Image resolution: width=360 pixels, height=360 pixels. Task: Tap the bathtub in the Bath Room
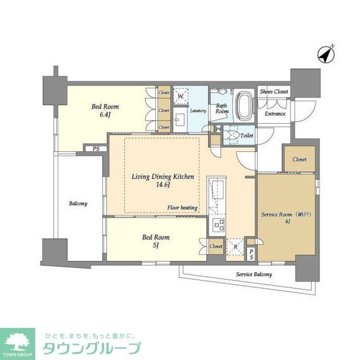coord(244,107)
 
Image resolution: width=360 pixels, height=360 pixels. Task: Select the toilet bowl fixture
coord(234,135)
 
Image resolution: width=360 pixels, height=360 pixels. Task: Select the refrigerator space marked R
coord(235,247)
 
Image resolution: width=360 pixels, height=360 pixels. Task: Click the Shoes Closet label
coord(274,92)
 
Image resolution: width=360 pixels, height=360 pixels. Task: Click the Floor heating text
coord(182,208)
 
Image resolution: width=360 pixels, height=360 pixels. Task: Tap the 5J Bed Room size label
coord(156,246)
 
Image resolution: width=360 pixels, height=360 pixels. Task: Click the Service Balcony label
coord(254,274)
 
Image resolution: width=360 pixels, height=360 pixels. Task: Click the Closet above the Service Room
coord(299,159)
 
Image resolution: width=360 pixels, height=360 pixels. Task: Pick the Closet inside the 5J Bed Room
coord(216,246)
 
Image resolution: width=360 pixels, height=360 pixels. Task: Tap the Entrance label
coord(275,114)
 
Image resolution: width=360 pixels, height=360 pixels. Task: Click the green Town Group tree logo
coord(17,341)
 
